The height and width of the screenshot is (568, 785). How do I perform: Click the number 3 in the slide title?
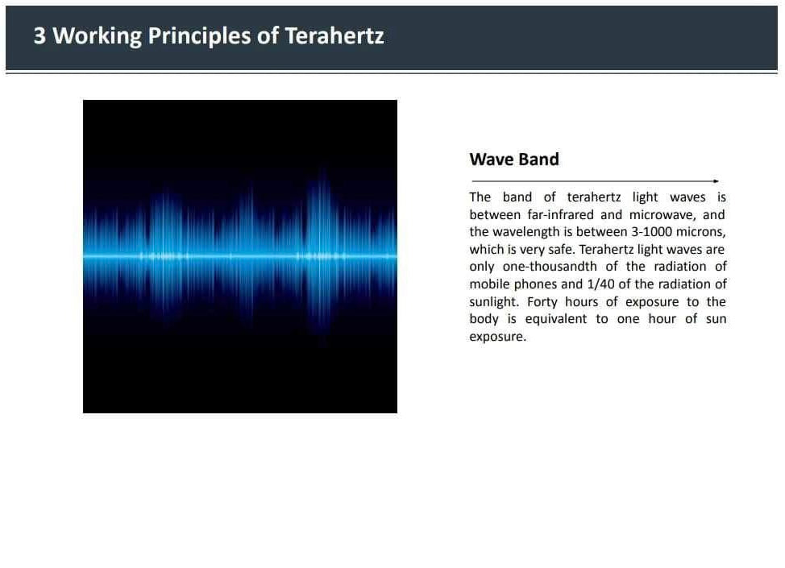coord(39,36)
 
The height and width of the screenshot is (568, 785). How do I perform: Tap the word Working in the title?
coord(98,37)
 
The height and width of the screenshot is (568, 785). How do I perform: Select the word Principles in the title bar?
coord(199,37)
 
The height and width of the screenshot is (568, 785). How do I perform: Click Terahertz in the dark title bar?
coord(334,36)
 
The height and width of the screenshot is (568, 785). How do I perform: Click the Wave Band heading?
coord(514,160)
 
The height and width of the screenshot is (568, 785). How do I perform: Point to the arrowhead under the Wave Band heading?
coord(716,181)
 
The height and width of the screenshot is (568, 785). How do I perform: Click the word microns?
coord(700,232)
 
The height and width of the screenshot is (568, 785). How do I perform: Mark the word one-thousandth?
coord(550,266)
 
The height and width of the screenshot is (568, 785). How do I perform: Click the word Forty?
coord(542,302)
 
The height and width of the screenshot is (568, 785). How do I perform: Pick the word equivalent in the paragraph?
coord(556,319)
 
